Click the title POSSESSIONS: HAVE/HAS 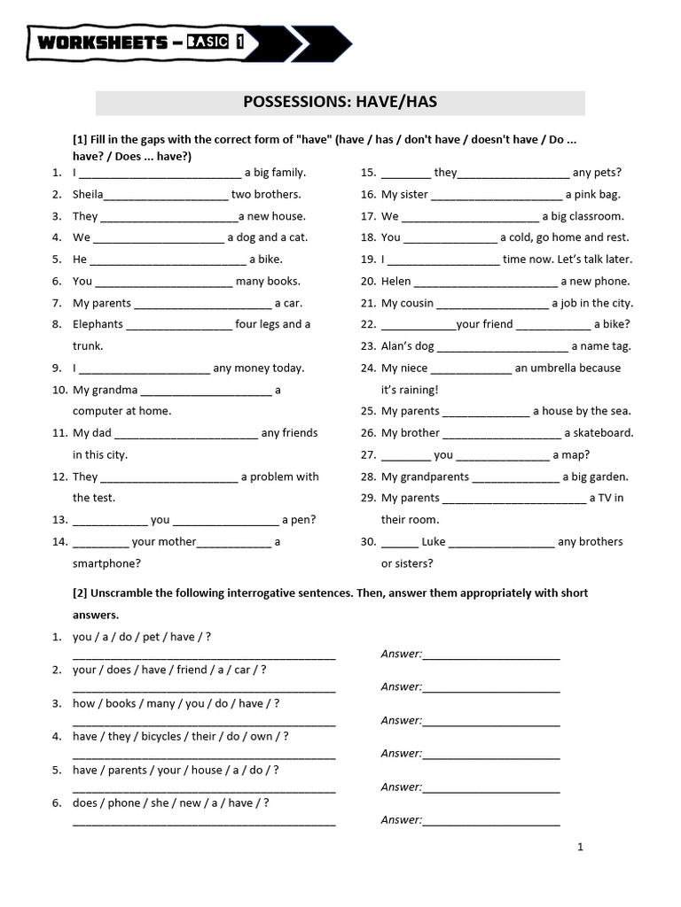(340, 103)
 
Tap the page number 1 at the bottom (580, 848)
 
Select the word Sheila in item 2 (88, 195)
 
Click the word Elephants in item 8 (98, 324)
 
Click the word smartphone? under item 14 (106, 563)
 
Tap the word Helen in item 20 (396, 282)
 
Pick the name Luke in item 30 (434, 542)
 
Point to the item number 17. (368, 216)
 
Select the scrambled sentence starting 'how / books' (176, 703)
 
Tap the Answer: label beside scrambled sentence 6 (402, 820)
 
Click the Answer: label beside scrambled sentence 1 (402, 655)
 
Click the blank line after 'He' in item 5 (168, 260)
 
